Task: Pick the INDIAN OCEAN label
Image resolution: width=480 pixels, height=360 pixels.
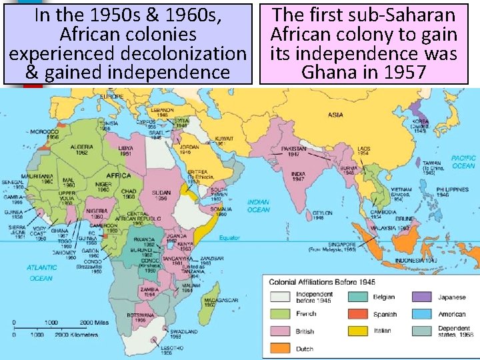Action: point(258,206)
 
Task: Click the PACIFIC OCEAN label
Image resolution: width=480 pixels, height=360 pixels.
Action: point(463,162)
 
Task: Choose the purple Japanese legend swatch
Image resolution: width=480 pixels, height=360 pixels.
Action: point(421,297)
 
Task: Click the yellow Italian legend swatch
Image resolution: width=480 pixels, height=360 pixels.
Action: point(357,331)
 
